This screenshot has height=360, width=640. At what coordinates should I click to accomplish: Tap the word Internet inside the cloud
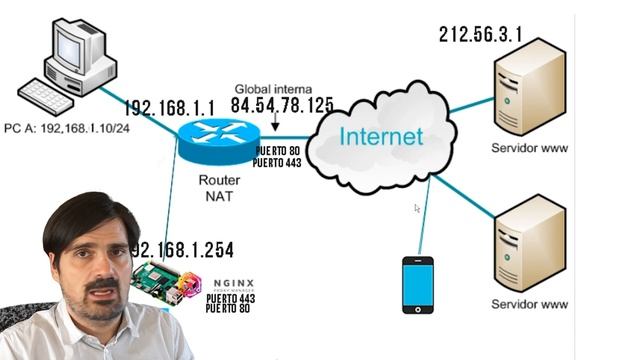pos(380,136)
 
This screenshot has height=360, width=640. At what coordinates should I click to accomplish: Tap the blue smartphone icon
pos(417,286)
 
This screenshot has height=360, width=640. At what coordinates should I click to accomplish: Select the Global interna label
pos(273,89)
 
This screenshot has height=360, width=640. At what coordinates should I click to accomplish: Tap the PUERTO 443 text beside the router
pos(278,160)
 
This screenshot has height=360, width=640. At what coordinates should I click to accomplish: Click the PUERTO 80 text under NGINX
pos(229,310)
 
